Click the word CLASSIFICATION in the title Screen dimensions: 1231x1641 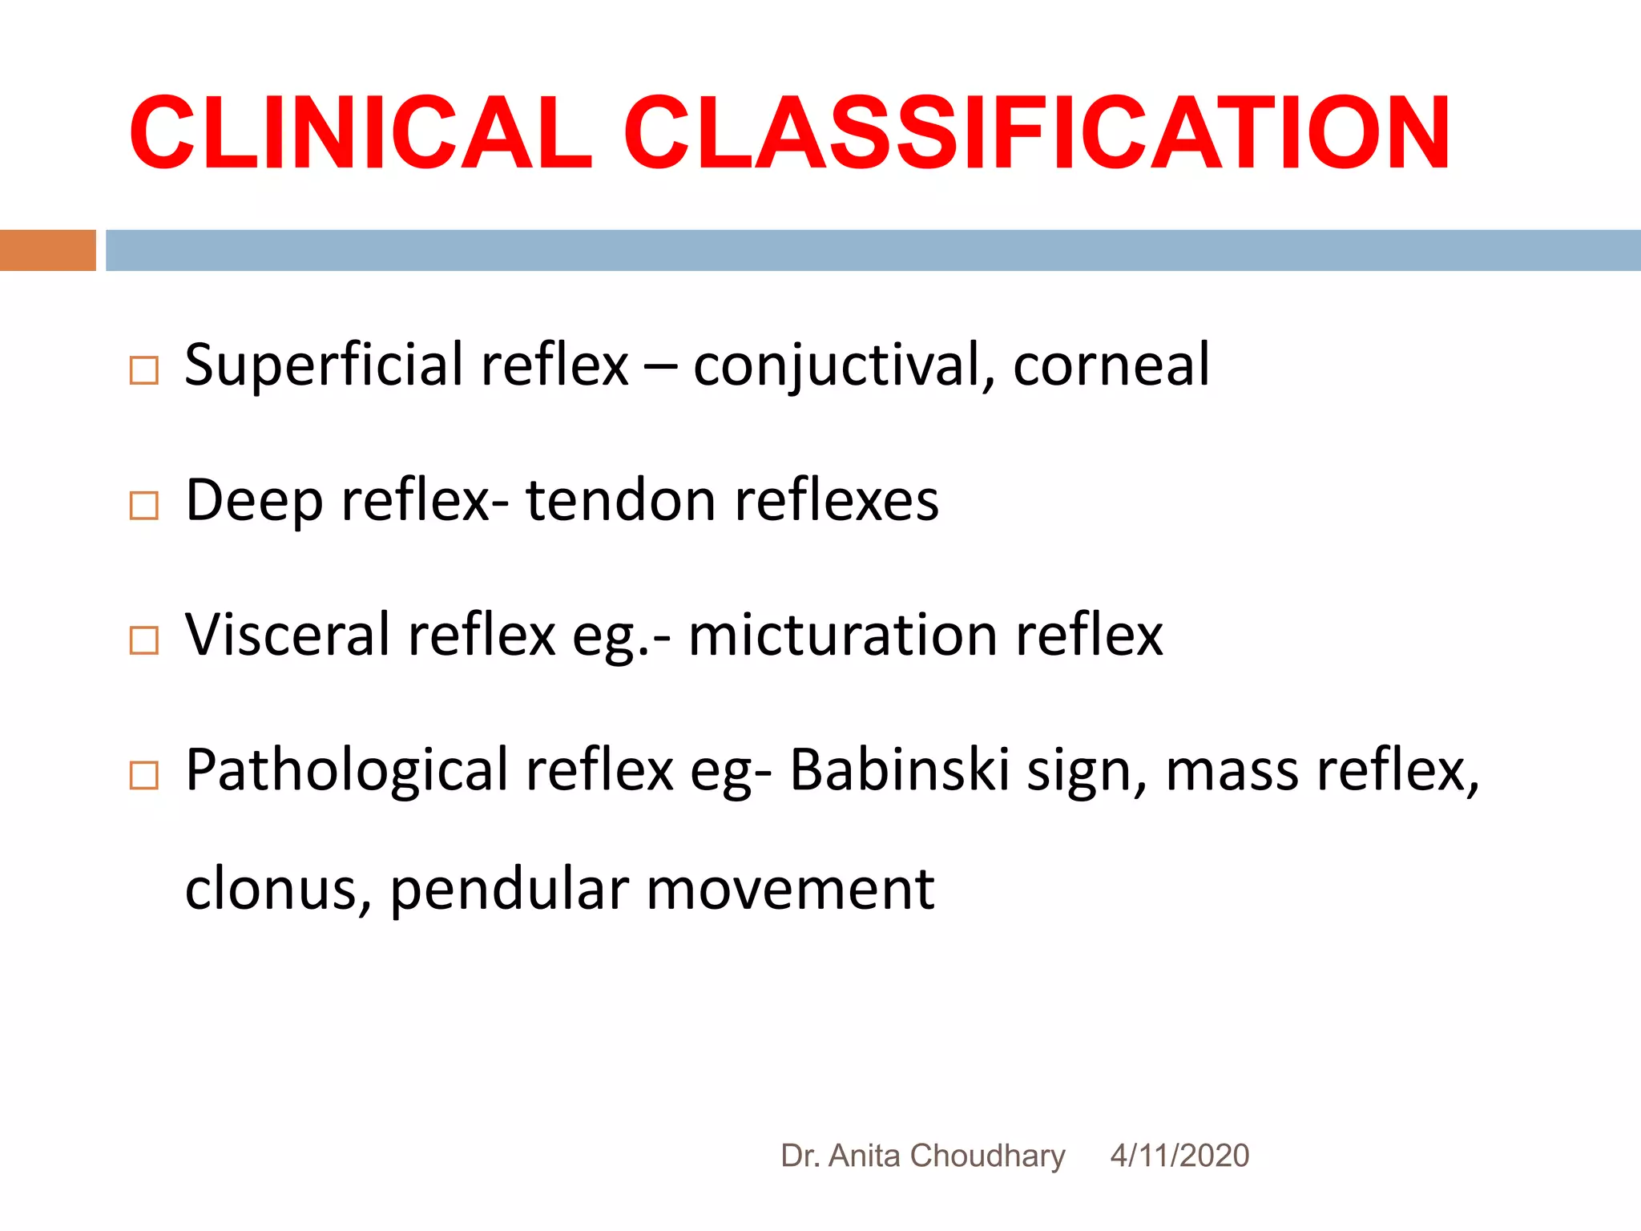1036,133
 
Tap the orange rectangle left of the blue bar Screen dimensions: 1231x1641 47,250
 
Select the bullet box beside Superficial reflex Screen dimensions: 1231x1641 144,370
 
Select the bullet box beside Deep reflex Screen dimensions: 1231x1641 144,506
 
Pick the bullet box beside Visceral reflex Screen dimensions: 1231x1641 144,640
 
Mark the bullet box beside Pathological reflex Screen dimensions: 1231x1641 144,775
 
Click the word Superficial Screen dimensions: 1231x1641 325,365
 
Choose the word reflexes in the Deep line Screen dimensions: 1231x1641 836,501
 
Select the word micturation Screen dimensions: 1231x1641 842,636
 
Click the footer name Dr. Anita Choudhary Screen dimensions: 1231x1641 922,1156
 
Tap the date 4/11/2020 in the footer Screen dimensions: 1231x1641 1179,1156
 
